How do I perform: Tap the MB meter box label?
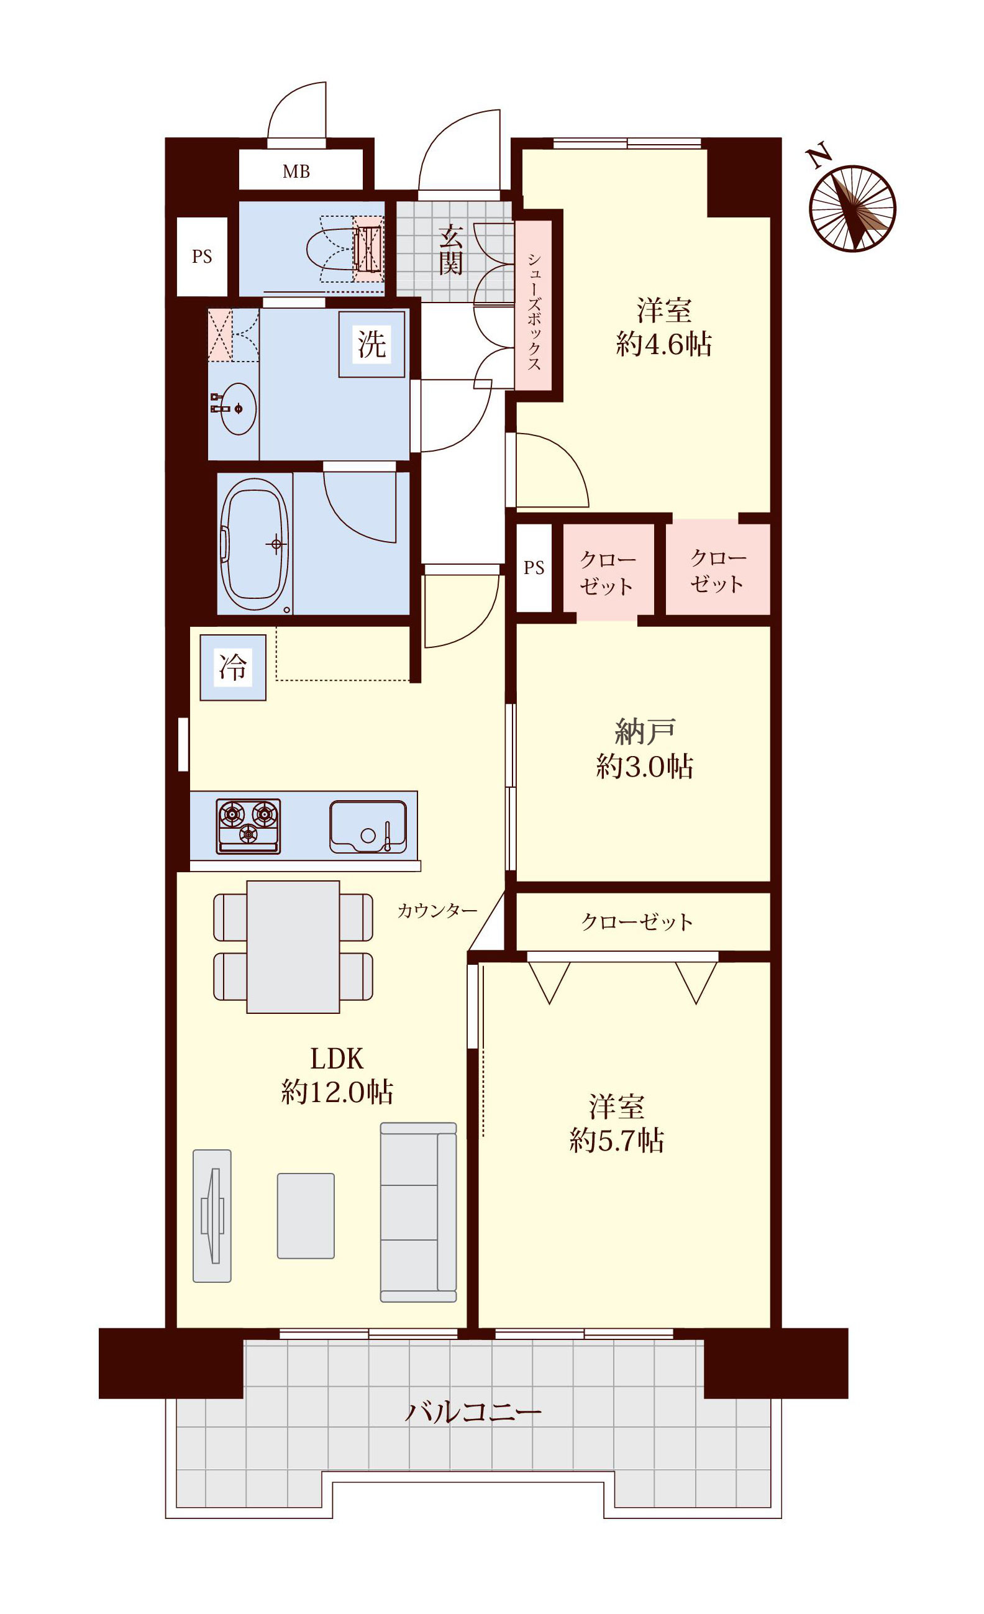[x=296, y=171]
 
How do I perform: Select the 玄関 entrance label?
[x=451, y=250]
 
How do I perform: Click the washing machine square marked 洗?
[x=371, y=344]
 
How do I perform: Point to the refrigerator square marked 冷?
[x=232, y=667]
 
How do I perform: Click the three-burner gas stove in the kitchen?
[x=248, y=826]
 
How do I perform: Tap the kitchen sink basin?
[x=368, y=827]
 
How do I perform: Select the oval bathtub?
[x=254, y=544]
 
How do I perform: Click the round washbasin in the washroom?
[x=238, y=409]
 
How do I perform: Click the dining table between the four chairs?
[x=293, y=947]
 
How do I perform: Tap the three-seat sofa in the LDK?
[x=418, y=1213]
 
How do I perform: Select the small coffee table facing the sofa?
[x=305, y=1216]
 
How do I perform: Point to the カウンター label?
[x=437, y=911]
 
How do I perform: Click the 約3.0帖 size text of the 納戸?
[x=645, y=766]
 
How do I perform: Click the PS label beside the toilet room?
[x=202, y=257]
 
